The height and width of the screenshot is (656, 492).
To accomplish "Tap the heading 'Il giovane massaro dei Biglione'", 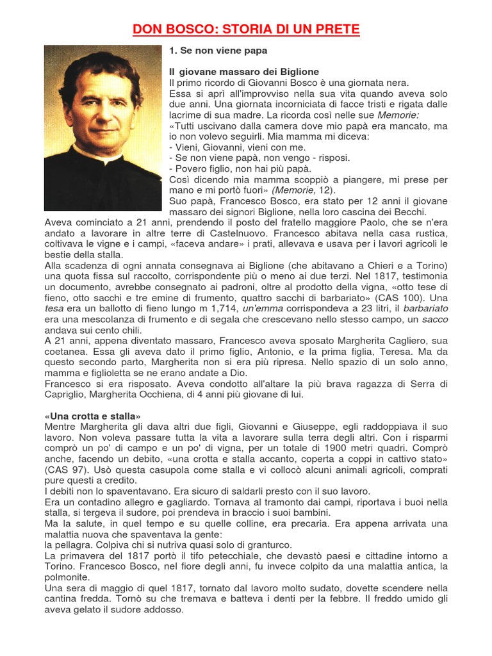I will click(x=244, y=71).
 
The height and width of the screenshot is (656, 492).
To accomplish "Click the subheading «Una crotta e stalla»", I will click(x=92, y=416).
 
